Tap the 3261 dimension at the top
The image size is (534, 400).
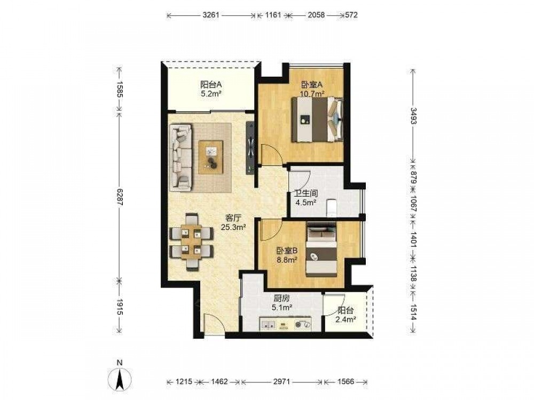211,15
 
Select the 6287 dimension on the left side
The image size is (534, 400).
119,197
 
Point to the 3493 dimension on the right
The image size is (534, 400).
413,116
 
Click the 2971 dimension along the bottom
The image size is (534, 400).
281,382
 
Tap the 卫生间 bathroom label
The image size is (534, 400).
306,194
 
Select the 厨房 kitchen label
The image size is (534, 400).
281,299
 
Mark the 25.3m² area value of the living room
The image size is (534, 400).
234,227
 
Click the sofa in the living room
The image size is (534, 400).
181,157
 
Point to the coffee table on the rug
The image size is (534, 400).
211,157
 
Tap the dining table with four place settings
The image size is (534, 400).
191,242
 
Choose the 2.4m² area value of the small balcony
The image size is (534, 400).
345,319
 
